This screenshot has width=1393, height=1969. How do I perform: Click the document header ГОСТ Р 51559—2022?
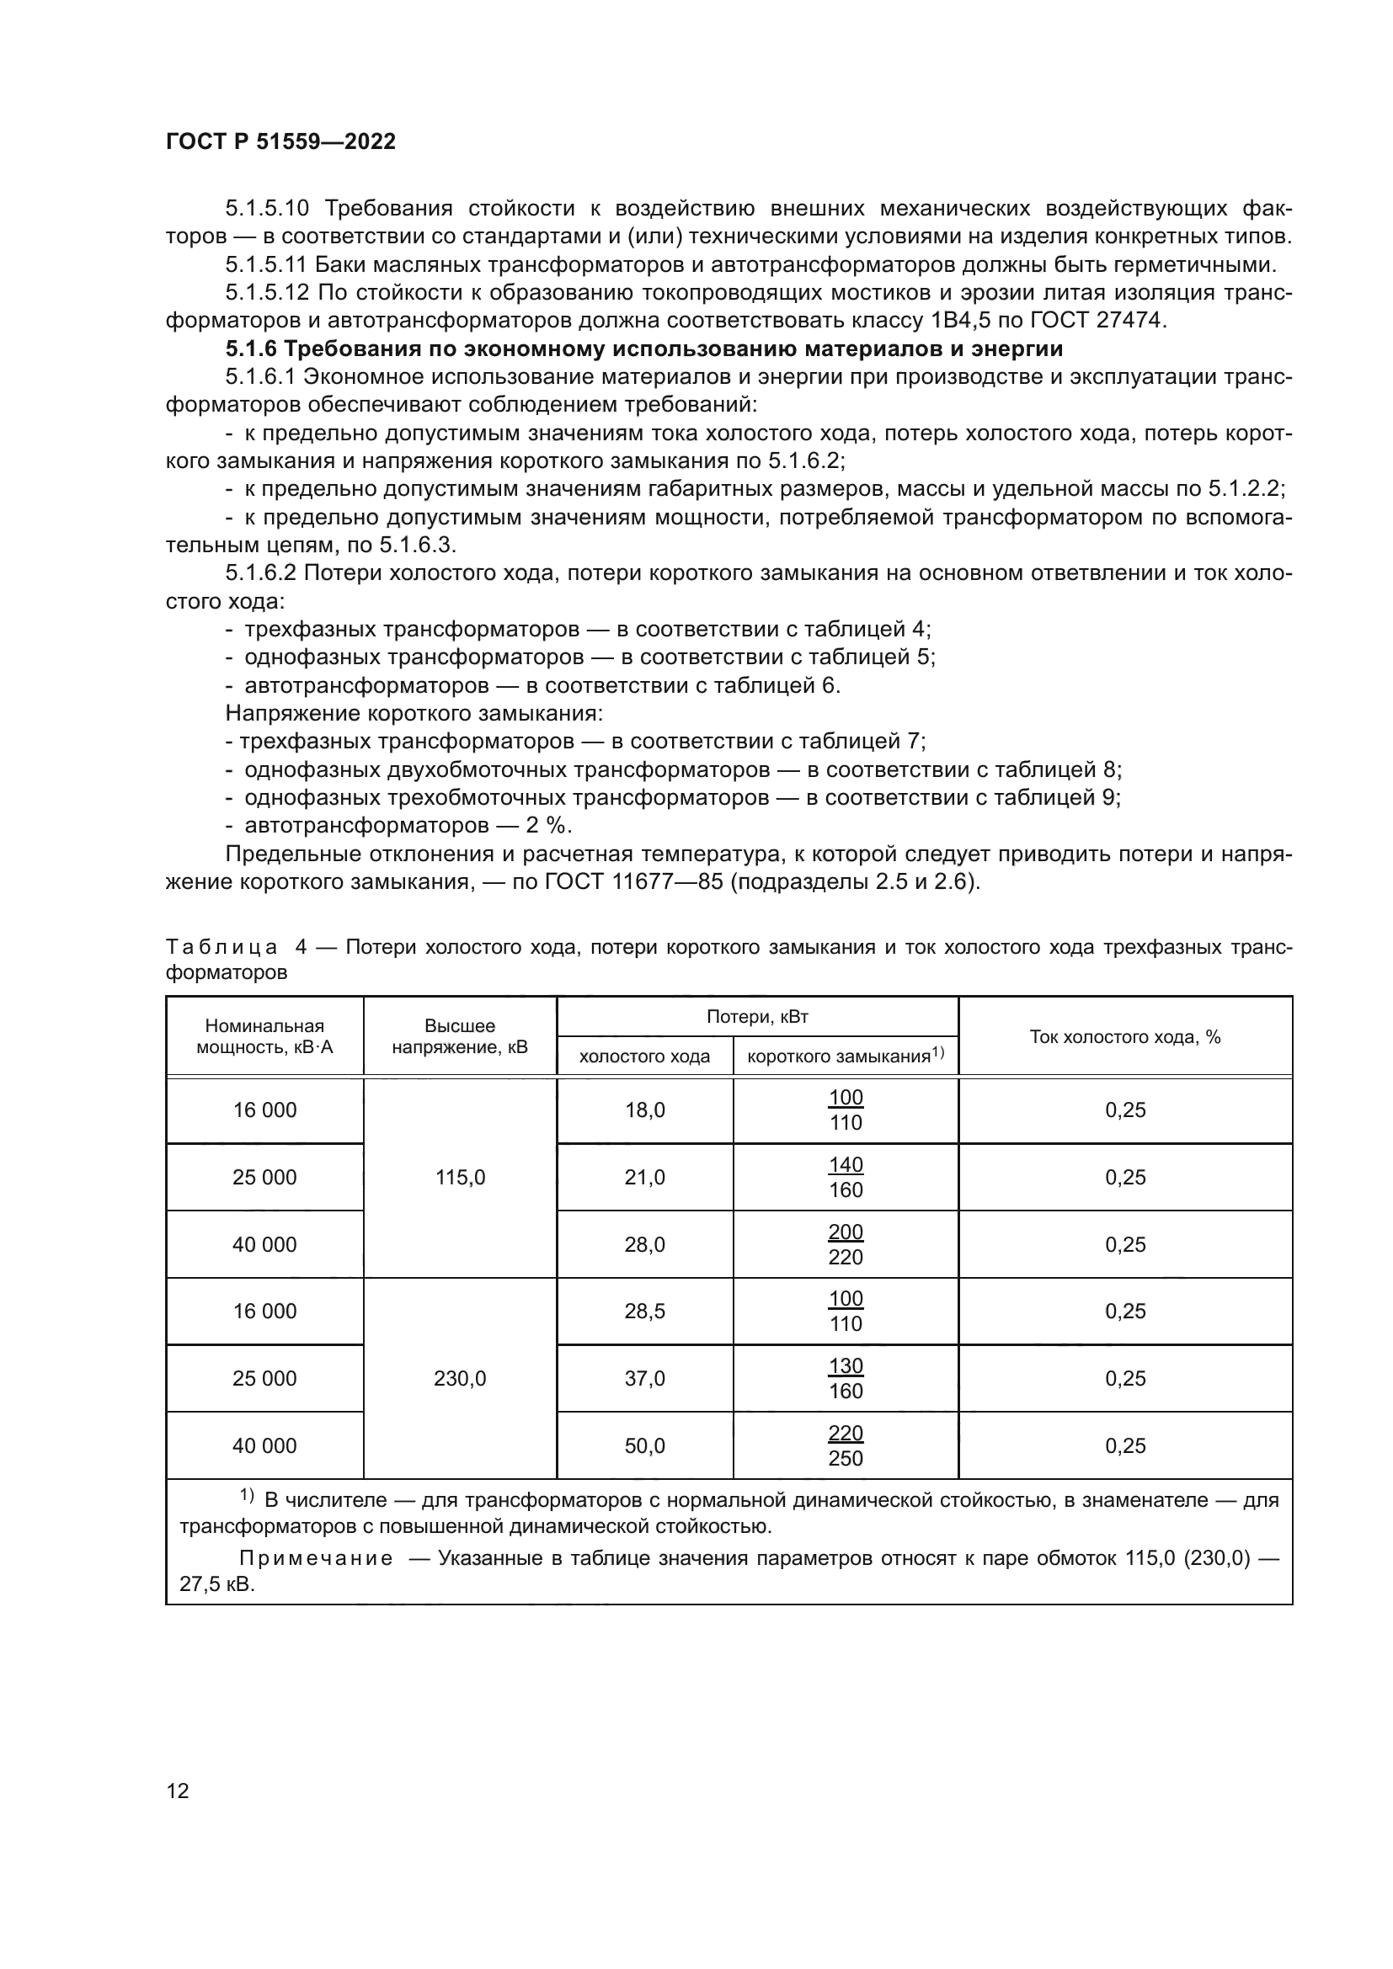[280, 141]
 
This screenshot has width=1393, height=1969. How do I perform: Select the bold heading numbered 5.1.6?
[643, 349]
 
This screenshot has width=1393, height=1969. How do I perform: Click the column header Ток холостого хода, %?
[1124, 1037]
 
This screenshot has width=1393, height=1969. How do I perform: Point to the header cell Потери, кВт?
[756, 1017]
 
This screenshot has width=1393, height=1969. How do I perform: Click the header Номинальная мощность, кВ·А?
[264, 1036]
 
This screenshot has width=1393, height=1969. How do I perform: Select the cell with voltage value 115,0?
[460, 1178]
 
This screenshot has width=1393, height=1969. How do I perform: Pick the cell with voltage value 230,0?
[460, 1379]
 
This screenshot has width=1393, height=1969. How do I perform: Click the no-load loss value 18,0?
[644, 1110]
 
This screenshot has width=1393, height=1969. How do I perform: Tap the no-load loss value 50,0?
[644, 1446]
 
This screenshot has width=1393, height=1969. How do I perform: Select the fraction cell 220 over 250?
[845, 1446]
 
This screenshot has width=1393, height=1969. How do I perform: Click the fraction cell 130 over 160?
[845, 1379]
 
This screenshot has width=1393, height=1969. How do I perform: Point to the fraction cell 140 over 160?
[845, 1178]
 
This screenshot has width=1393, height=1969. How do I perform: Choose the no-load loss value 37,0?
[644, 1379]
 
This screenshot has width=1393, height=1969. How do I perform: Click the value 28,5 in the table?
[644, 1312]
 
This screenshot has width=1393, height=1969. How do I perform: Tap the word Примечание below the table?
[316, 1558]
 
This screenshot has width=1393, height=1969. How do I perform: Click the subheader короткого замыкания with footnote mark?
[845, 1056]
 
